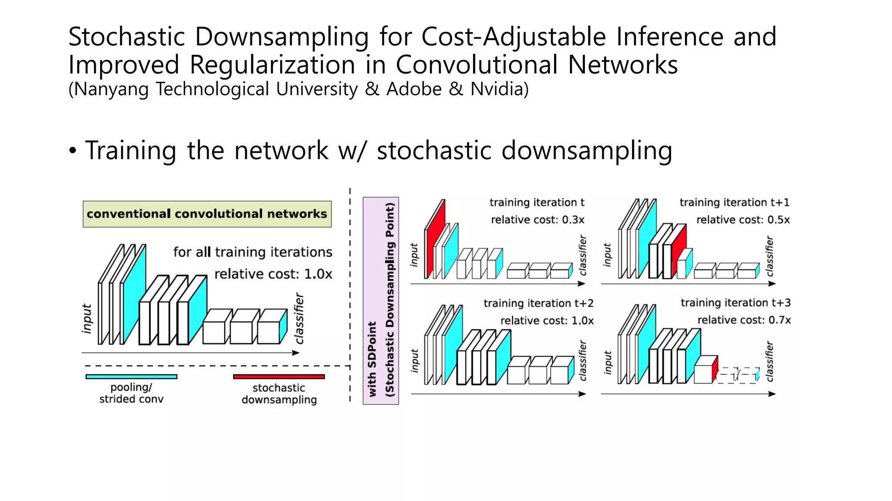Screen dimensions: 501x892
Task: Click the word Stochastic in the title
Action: [127, 37]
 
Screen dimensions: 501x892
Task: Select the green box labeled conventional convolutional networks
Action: [207, 214]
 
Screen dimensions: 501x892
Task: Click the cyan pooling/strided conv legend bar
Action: [131, 377]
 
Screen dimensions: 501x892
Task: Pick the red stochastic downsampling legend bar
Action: [279, 377]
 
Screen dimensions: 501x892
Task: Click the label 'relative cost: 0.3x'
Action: [537, 220]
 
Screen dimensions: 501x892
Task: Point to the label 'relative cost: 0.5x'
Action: [743, 220]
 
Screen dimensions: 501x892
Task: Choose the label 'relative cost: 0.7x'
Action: [744, 321]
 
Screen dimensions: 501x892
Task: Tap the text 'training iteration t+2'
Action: [538, 304]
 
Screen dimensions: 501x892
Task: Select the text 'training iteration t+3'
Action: [736, 303]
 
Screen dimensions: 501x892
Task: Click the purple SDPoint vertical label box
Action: [381, 301]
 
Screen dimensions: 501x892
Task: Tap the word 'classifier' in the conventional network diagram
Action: [299, 318]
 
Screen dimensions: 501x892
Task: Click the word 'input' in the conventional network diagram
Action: [87, 319]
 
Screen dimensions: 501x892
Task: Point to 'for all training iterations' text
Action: [253, 253]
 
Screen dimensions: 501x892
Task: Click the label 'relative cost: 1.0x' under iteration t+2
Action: [547, 321]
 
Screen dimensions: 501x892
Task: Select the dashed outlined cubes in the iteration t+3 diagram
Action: [737, 375]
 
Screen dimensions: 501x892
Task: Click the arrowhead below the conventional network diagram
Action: [296, 353]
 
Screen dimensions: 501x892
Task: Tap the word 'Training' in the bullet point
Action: [131, 151]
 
